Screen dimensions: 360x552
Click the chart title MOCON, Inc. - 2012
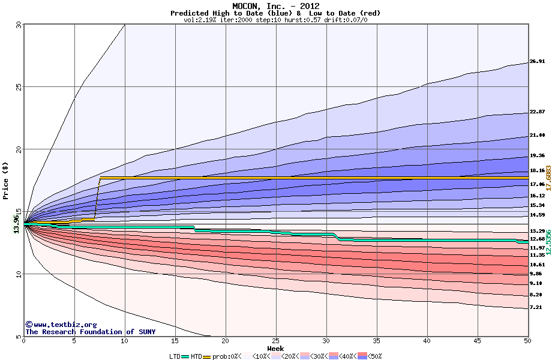pos(275,6)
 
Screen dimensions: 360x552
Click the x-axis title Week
pos(275,348)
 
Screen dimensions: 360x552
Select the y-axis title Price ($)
pos(6,181)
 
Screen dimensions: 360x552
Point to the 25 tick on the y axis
pos(17,87)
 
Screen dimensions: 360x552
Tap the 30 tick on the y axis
pos(17,25)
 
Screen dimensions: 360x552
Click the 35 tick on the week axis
pos(376,341)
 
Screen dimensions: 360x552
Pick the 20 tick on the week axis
pos(225,341)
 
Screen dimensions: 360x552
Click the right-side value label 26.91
pos(537,61)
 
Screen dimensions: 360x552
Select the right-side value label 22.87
pos(537,112)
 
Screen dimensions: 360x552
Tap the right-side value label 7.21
pos(535,307)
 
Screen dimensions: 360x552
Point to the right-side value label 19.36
pos(537,155)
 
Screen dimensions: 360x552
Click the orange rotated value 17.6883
pos(548,178)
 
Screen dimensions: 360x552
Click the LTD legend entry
pos(176,356)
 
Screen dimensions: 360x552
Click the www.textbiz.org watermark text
pos(61,325)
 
